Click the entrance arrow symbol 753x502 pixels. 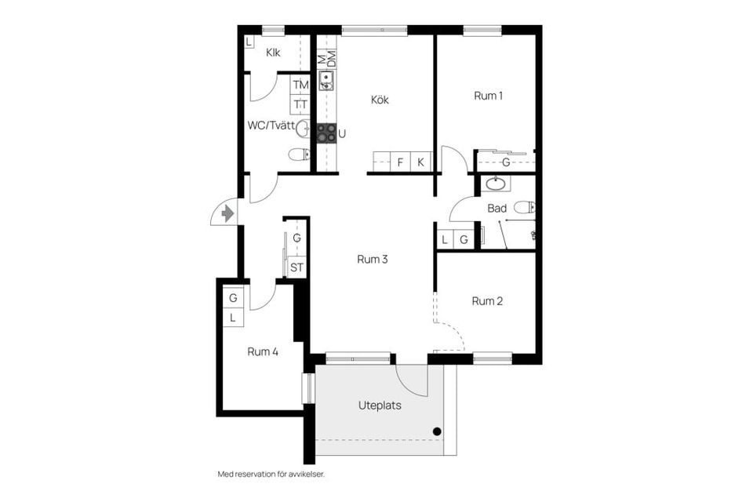point(227,213)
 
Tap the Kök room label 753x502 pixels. point(380,100)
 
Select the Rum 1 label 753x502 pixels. point(488,96)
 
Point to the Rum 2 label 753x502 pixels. point(487,301)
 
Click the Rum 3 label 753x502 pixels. point(372,260)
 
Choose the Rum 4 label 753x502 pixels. point(263,351)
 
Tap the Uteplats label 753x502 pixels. point(380,406)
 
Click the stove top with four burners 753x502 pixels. point(326,133)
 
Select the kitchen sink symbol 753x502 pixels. point(326,80)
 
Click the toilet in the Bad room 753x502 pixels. point(525,208)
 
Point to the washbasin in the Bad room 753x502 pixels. point(495,184)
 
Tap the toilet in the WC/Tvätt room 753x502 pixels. point(299,155)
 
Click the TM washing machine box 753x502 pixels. point(300,85)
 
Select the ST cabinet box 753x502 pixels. point(296,267)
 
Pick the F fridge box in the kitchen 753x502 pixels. point(401,162)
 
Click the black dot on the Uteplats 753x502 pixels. point(437,431)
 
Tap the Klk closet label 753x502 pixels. point(273,53)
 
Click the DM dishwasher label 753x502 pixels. point(331,59)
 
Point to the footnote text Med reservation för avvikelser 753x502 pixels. point(271,474)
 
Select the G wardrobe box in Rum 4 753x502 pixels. point(234,298)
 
